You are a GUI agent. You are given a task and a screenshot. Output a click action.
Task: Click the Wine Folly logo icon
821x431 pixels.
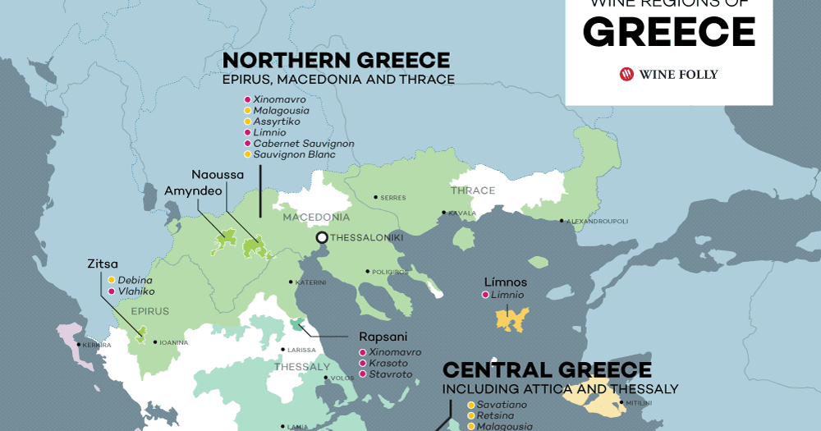point(628,74)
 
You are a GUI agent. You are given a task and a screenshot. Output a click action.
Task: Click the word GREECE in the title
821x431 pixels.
point(669,32)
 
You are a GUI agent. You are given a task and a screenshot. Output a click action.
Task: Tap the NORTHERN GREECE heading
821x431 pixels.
point(336,61)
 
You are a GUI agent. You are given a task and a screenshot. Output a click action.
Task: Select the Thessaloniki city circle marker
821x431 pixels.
point(322,237)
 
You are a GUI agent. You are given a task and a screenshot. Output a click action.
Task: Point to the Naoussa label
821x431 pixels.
point(218,175)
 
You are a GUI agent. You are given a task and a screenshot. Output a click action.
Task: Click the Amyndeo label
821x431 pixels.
point(195,190)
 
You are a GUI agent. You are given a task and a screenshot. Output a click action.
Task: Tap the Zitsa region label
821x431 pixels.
point(103,264)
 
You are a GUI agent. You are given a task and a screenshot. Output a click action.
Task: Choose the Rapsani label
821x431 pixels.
point(383,337)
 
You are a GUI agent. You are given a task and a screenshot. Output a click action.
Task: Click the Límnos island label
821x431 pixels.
point(505,282)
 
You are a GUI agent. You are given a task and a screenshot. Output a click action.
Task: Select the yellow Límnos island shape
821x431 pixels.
point(511,319)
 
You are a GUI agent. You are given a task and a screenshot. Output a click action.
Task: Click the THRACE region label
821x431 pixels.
point(472,190)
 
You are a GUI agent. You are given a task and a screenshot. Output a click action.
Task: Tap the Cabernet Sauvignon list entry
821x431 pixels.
point(303,143)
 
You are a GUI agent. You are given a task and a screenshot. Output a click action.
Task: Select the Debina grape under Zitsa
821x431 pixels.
point(135,280)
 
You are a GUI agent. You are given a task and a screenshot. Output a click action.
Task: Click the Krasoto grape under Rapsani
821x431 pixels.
point(388,363)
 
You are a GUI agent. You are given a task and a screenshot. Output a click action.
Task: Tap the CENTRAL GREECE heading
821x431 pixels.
point(547,370)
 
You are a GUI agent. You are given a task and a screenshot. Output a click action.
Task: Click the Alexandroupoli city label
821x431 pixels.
point(597,221)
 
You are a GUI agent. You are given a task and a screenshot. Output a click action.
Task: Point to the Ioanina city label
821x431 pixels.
point(173,342)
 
